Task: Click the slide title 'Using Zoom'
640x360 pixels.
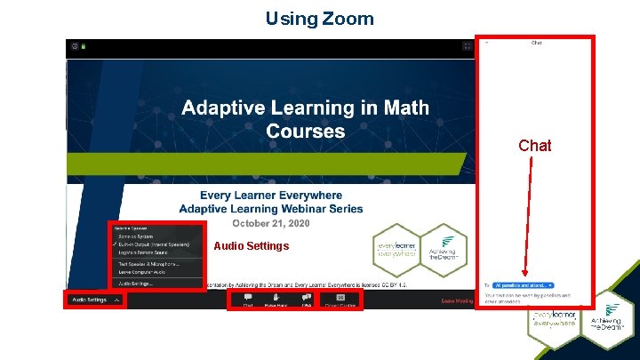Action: coord(319,18)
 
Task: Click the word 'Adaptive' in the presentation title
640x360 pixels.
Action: coord(221,108)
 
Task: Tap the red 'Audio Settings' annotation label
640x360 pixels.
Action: coord(252,246)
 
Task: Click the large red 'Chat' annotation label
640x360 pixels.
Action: coord(534,145)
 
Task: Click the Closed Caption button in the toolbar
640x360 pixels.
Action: coord(340,299)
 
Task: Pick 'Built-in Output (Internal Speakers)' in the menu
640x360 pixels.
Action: coord(152,244)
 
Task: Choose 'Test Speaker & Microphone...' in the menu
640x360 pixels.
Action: coord(148,263)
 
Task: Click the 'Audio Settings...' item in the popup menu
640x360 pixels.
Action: coord(137,284)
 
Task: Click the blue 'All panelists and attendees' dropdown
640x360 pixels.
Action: coord(524,284)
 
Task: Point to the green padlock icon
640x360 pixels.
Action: coord(84,46)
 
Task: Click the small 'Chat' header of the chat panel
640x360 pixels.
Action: coord(537,42)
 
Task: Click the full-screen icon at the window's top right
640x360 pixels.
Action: coord(468,46)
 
